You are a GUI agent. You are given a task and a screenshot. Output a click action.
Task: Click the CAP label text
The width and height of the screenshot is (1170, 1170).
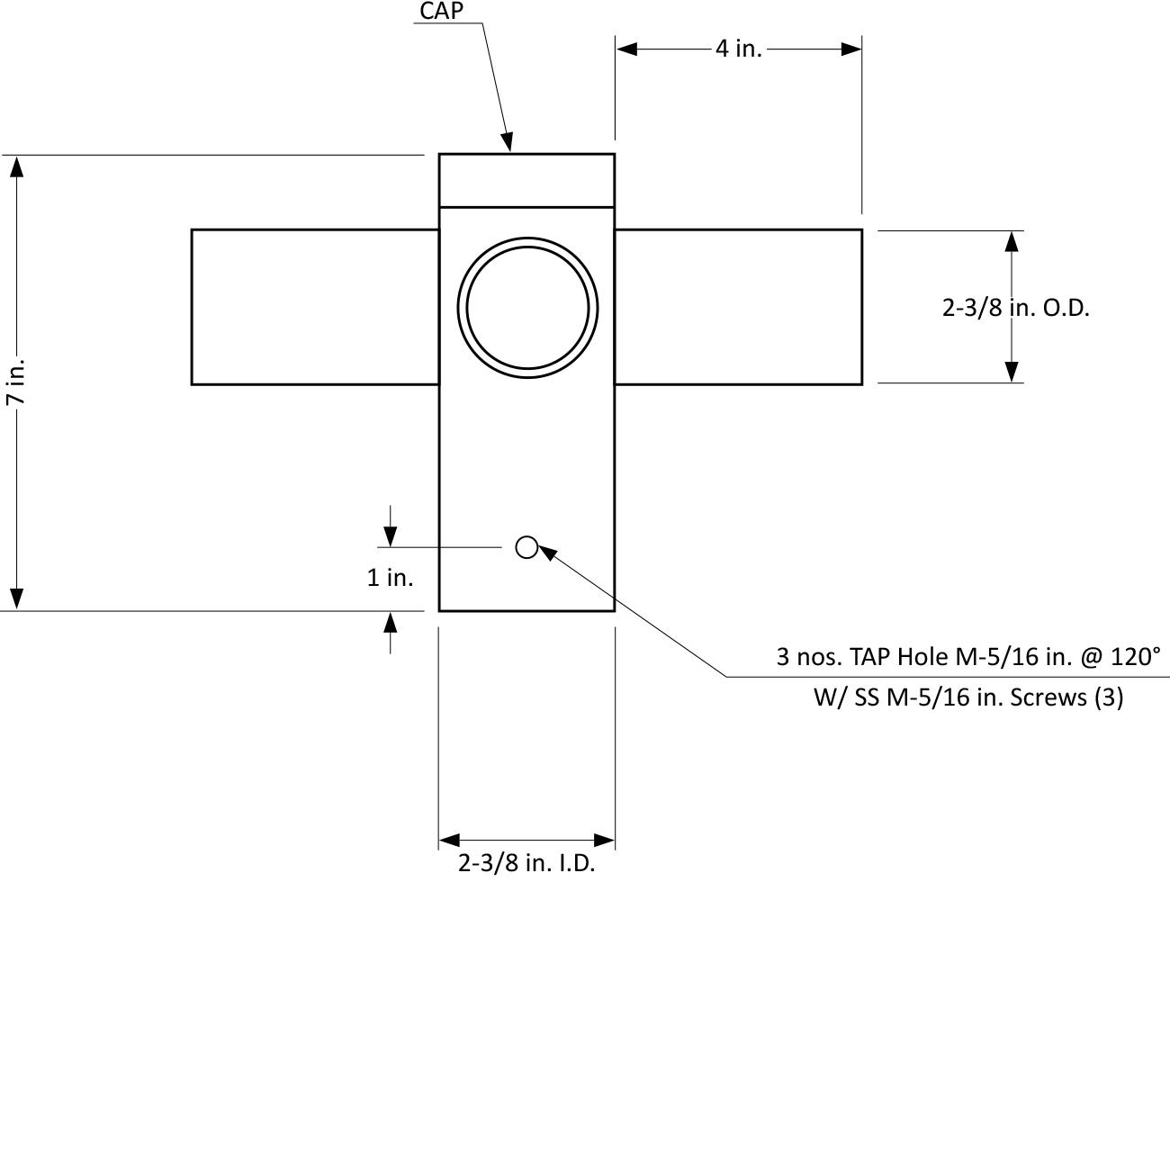441,12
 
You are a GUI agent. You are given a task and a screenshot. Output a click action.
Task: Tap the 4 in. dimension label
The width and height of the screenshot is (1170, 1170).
738,49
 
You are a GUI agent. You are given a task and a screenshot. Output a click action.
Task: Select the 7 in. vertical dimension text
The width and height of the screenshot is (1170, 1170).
16,382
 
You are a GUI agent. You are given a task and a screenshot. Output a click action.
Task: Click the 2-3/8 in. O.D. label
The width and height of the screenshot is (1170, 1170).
1015,308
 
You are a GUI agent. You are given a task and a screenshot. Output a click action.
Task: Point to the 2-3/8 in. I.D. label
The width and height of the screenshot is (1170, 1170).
526,864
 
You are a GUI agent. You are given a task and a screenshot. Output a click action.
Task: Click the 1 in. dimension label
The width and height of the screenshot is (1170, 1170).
390,578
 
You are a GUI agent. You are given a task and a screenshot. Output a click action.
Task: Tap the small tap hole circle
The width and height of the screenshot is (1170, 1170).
526,546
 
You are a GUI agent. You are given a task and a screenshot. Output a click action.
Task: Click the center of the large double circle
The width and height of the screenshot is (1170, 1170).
527,308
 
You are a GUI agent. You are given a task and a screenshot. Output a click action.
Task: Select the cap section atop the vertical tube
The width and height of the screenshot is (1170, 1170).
526,180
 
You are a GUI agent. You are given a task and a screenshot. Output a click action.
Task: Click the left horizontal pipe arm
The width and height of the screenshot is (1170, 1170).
315,307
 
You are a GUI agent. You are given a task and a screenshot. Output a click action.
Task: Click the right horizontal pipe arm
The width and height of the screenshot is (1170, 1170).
738,307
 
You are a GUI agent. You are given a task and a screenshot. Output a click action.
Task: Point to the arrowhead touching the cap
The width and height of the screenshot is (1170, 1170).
508,142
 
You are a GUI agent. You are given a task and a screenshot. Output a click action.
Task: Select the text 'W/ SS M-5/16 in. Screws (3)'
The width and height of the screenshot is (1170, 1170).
968,697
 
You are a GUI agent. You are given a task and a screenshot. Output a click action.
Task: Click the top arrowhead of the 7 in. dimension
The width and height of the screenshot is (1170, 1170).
16,166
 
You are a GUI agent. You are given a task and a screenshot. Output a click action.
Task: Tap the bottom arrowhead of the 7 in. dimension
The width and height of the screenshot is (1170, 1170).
16,598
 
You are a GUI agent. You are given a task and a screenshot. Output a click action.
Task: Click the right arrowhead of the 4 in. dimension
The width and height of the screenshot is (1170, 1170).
851,49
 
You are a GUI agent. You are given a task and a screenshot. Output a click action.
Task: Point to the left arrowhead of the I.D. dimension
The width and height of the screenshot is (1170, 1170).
449,841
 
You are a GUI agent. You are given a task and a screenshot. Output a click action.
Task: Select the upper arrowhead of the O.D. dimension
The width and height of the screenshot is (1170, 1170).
1012,241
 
